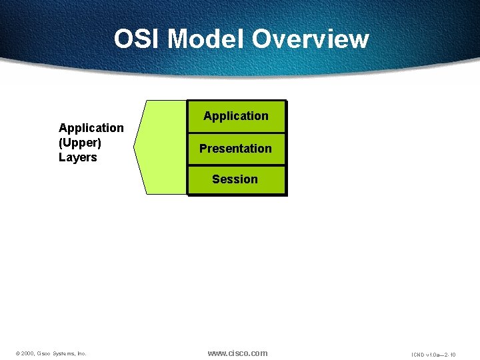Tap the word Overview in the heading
pyautogui.click(x=310, y=39)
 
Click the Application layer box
pyautogui.click(x=236, y=116)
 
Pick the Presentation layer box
pyautogui.click(x=236, y=149)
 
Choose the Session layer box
pyautogui.click(x=236, y=179)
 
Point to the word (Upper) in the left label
pyautogui.click(x=80, y=143)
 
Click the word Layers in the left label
pyautogui.click(x=78, y=157)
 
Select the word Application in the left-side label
pyautogui.click(x=91, y=127)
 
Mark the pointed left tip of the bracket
pyautogui.click(x=135, y=147)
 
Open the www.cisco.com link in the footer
pyautogui.click(x=237, y=353)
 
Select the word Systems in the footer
pyautogui.click(x=64, y=354)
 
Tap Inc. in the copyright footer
pyautogui.click(x=82, y=354)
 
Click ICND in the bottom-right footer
pyautogui.click(x=419, y=355)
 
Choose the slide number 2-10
pyautogui.click(x=451, y=355)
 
